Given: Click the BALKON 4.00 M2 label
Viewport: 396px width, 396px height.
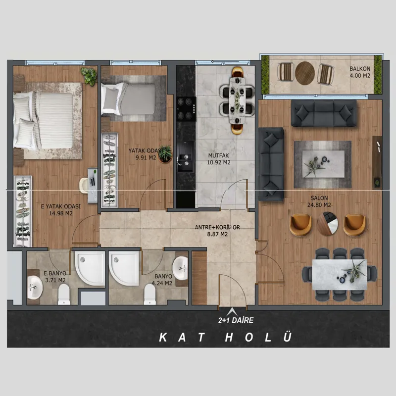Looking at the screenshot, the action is pos(360,72).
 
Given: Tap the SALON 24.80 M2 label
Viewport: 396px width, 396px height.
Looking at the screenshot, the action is pos(319,201).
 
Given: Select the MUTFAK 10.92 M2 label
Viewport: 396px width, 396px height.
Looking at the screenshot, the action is pos(219,159).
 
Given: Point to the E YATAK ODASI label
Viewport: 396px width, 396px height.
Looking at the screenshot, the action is pos(61,206).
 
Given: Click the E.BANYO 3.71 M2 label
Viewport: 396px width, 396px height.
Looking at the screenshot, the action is pos(55,277).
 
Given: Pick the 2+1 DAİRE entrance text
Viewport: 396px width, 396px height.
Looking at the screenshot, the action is pos(236,320).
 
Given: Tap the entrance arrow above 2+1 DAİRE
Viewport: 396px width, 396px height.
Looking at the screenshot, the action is pos(232,311).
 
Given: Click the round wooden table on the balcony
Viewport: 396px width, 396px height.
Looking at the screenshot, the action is pos(305,73).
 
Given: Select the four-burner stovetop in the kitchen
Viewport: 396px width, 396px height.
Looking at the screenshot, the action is pos(187,109).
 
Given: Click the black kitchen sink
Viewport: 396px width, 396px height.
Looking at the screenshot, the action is pos(186,156).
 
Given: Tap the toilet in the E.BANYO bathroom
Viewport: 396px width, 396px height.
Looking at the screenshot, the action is pos(64,294).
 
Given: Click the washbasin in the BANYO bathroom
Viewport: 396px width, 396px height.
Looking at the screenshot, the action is pos(180,268).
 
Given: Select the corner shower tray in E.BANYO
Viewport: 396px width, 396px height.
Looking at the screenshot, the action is pos(90,268).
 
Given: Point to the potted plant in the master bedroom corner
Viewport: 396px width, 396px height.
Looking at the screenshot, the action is pos(89,76).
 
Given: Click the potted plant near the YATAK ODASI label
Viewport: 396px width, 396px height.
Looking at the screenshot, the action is pos(165,154).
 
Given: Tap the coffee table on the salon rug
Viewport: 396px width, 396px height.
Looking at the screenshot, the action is pos(324,164).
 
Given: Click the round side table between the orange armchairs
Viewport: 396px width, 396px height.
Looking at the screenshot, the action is pos(328,224).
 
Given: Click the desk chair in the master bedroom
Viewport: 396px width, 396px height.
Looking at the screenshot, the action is pos(84,185).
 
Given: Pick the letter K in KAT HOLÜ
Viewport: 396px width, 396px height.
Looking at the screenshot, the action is pos(163,337).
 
